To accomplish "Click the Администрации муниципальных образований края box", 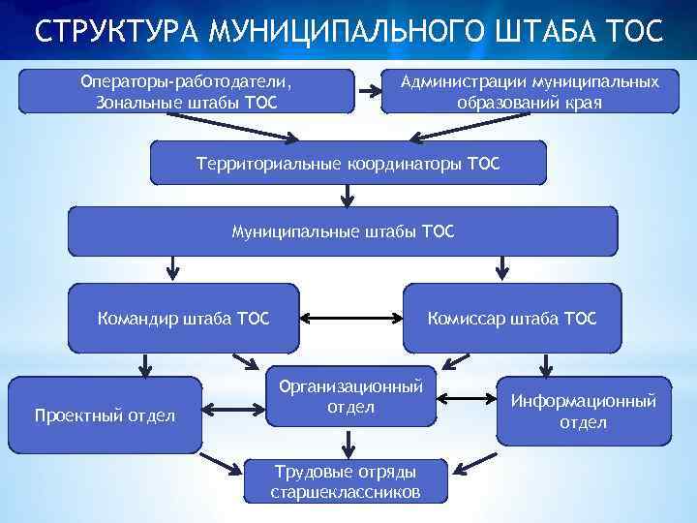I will click(530, 91).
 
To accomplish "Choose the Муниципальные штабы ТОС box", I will click(342, 231).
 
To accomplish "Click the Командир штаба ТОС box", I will click(183, 317).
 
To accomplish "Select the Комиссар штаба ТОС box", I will click(512, 317).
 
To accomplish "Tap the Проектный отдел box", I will click(105, 415).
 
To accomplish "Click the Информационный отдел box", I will click(583, 411).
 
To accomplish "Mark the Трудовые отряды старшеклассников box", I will click(346, 481).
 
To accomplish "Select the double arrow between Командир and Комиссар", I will click(350, 317).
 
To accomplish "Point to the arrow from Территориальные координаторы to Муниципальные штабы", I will click(346, 196).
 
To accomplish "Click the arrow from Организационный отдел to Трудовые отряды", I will click(347, 443).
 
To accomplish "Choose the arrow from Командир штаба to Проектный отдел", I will click(145, 363).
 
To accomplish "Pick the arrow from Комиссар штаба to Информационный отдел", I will click(547, 363).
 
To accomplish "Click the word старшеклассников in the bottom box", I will click(346, 492).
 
